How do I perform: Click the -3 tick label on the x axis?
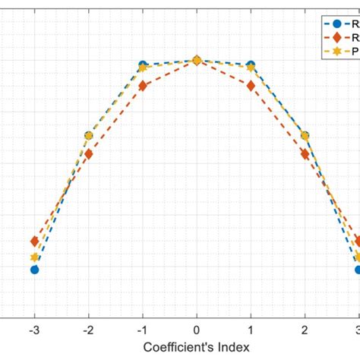pyautogui.click(x=34, y=330)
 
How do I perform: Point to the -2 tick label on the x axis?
pyautogui.click(x=88, y=330)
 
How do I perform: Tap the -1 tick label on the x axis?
pyautogui.click(x=142, y=330)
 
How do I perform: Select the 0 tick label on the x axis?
pyautogui.click(x=197, y=330)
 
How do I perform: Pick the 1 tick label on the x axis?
pyautogui.click(x=251, y=330)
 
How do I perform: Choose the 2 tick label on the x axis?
pyautogui.click(x=305, y=330)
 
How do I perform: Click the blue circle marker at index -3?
pyautogui.click(x=34, y=269)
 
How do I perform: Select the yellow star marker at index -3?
pyautogui.click(x=34, y=257)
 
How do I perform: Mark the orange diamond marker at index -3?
pyautogui.click(x=34, y=242)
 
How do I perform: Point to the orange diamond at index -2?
pyautogui.click(x=88, y=154)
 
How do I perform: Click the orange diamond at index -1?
pyautogui.click(x=143, y=86)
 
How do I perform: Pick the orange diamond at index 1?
pyautogui.click(x=251, y=86)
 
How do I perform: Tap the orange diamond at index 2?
pyautogui.click(x=305, y=154)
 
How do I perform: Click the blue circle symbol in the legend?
pyautogui.click(x=337, y=24)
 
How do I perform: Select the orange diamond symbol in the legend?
pyautogui.click(x=337, y=37)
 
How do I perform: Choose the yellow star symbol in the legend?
pyautogui.click(x=337, y=51)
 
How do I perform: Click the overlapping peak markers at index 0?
pyautogui.click(x=197, y=60)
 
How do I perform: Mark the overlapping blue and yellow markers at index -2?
pyautogui.click(x=88, y=136)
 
